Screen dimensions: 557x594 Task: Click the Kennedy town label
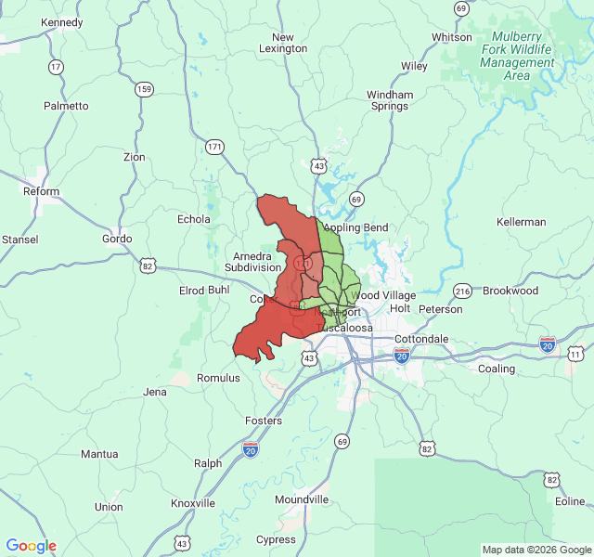pos(62,22)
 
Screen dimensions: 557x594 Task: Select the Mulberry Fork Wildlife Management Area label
pos(518,56)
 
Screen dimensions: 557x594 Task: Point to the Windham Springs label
pos(390,100)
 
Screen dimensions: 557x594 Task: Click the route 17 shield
pos(57,67)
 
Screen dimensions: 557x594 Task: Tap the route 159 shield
pos(144,89)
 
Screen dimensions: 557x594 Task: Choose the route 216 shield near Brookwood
pos(463,291)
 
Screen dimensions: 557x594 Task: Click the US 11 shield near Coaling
pos(575,354)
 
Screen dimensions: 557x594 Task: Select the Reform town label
pos(41,191)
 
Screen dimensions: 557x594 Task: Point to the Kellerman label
pos(521,222)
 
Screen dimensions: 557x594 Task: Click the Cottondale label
pos(422,339)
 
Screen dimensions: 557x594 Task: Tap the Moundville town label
pos(302,499)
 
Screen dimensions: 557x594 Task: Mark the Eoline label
pos(570,501)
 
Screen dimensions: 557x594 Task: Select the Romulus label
pos(219,378)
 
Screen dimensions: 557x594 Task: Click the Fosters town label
pos(263,421)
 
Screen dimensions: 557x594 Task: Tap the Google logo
pos(32,546)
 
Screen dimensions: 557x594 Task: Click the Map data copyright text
pos(536,550)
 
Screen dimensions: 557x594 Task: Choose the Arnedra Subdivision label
pos(252,261)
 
